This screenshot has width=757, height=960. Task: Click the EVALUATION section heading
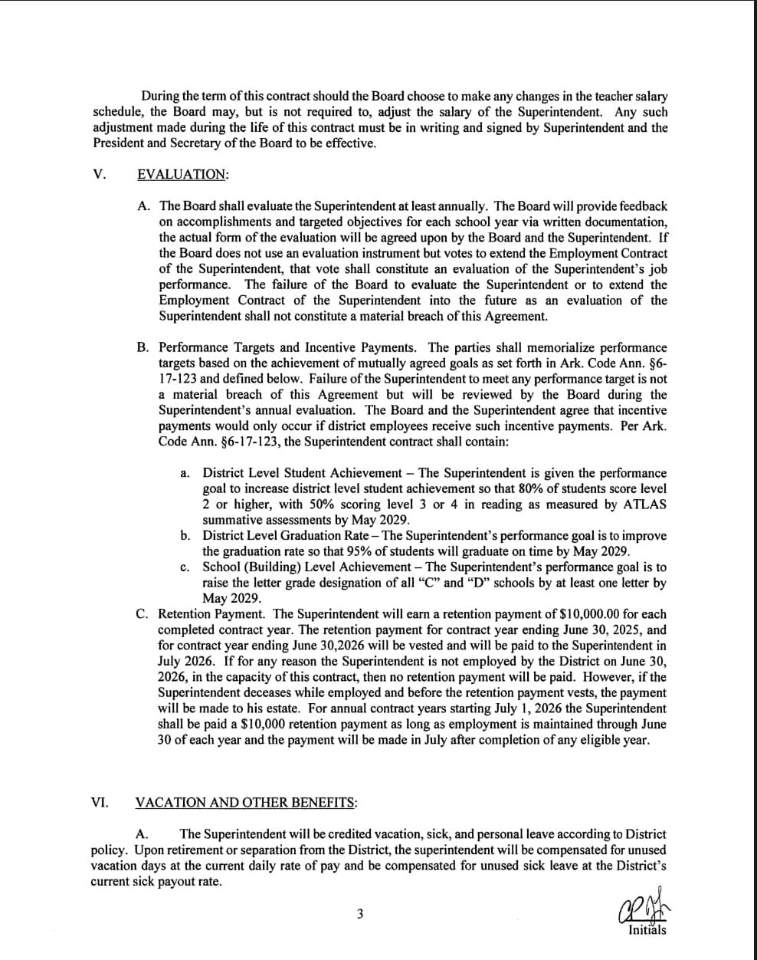tap(182, 174)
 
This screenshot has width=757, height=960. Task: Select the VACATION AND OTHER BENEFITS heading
tap(245, 803)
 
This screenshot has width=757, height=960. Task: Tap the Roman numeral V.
tap(98, 174)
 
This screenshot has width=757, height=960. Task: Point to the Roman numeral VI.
tap(100, 803)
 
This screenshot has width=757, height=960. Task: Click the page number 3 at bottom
tap(360, 913)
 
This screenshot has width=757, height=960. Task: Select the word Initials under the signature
tap(647, 931)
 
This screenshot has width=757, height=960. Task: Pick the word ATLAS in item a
tap(647, 505)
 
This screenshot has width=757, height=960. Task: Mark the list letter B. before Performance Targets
tap(143, 347)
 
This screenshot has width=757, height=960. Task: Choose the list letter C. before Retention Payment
tap(143, 614)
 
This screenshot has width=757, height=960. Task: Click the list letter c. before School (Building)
tap(185, 567)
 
